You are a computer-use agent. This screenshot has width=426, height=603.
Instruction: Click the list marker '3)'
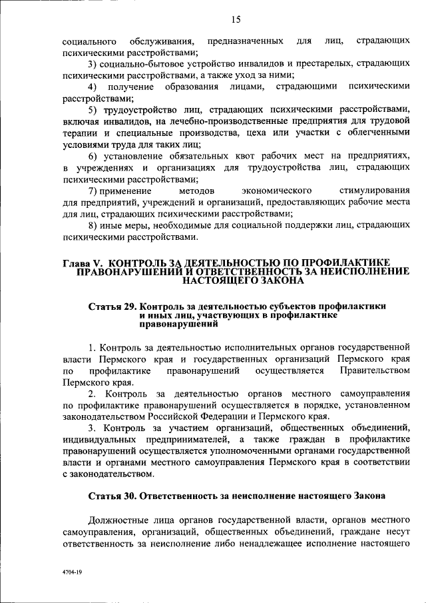(94, 64)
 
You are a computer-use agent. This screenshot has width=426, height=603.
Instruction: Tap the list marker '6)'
(94, 156)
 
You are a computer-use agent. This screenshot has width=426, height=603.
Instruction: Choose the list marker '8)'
(94, 225)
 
